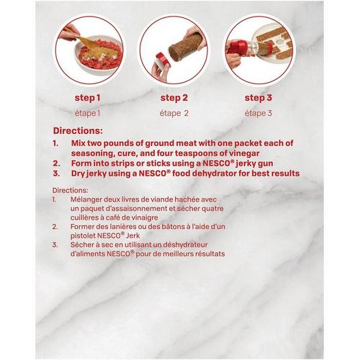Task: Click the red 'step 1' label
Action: coord(87,98)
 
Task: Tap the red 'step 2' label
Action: coord(174,98)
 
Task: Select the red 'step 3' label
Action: coord(258,98)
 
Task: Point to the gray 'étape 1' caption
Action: coord(87,113)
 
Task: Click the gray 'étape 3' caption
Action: coord(258,113)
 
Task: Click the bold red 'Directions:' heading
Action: coord(78,131)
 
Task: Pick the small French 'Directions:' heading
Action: coord(71,190)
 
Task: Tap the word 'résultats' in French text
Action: coord(210,254)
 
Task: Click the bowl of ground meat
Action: coord(99,55)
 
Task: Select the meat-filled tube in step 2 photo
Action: coord(186,47)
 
